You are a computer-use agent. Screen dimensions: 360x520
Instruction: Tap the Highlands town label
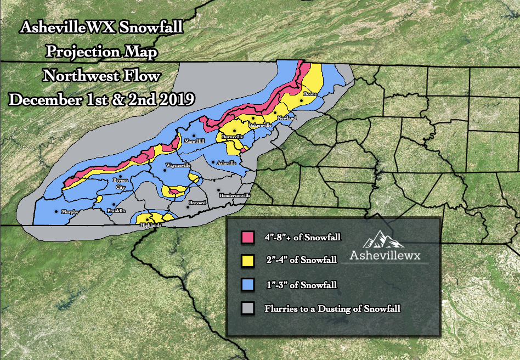coord(151,226)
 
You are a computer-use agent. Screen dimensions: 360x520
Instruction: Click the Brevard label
coord(197,203)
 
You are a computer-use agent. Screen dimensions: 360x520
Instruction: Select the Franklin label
coord(117,211)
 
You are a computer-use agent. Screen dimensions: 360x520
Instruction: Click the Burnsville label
coord(233,136)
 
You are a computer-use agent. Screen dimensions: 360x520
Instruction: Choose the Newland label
coord(286,118)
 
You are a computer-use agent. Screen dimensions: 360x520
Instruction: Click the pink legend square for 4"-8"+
coord(246,237)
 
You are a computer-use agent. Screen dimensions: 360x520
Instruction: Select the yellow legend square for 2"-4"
coord(246,261)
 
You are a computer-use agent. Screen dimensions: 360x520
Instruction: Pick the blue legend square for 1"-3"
coord(246,285)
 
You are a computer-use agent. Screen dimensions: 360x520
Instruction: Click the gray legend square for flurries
coord(246,308)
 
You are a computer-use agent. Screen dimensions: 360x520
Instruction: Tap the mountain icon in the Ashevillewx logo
coord(382,239)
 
